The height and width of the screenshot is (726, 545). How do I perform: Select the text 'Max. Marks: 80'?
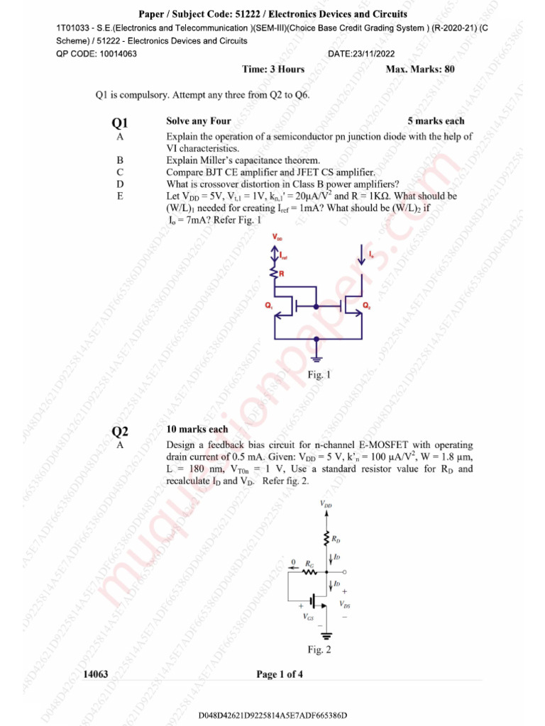[420, 69]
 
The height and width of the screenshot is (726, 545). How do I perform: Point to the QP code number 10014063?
[115, 54]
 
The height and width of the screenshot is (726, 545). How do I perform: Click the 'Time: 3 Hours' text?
[273, 69]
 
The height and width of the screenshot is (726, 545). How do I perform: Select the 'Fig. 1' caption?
[319, 375]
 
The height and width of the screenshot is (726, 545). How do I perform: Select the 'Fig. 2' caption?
[319, 649]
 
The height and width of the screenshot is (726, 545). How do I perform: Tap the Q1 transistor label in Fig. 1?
[269, 306]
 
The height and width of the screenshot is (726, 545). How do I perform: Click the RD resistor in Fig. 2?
[326, 539]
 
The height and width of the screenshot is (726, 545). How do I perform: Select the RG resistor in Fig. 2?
[309, 571]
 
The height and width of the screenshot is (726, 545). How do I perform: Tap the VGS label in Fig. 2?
[309, 617]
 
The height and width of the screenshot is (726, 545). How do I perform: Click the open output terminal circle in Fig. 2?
[345, 571]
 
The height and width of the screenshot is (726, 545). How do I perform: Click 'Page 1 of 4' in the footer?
[280, 674]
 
